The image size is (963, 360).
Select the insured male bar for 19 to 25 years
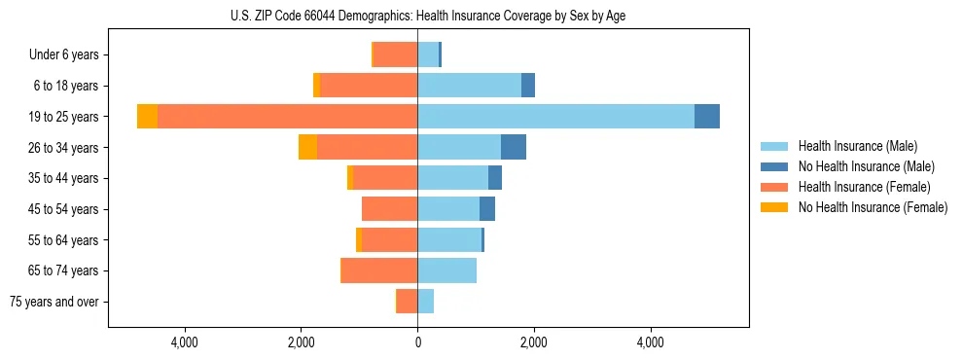(555, 117)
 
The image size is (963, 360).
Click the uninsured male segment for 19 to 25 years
(707, 117)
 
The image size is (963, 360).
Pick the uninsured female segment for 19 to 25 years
(147, 117)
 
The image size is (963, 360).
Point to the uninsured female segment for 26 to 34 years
(307, 147)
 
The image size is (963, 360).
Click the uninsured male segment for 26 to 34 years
(514, 147)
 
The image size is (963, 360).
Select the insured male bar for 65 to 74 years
(446, 270)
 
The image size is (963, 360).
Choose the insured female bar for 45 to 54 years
(389, 209)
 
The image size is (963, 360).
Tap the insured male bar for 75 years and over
(425, 302)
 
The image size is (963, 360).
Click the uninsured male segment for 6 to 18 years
(528, 86)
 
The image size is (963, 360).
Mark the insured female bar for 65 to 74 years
(379, 270)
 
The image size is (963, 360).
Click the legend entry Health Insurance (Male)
(857, 146)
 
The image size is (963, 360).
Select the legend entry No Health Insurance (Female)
(873, 207)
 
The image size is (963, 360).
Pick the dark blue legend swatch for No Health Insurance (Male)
(774, 166)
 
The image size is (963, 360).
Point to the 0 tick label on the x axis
(417, 342)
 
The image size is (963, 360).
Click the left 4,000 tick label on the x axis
(184, 342)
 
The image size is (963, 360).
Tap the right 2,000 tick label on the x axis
(533, 342)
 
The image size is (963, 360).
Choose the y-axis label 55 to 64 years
(64, 240)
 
